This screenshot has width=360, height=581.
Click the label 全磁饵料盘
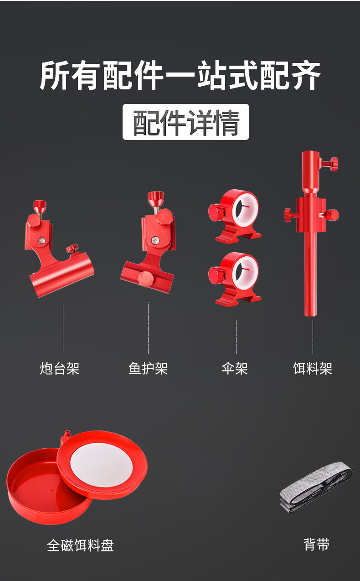click(x=80, y=545)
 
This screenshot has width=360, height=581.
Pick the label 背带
click(x=316, y=545)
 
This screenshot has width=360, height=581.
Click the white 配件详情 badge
click(x=186, y=122)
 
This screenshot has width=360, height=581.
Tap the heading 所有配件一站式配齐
click(x=180, y=75)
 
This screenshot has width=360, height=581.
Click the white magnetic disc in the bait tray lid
click(x=102, y=465)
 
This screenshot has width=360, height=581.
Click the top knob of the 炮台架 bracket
click(x=40, y=205)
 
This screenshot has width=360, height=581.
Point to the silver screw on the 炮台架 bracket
click(x=41, y=240)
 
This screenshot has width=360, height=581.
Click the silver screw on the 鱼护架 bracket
click(x=156, y=239)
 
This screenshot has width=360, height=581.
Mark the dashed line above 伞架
click(x=236, y=337)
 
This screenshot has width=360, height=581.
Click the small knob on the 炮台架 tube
click(x=71, y=249)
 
